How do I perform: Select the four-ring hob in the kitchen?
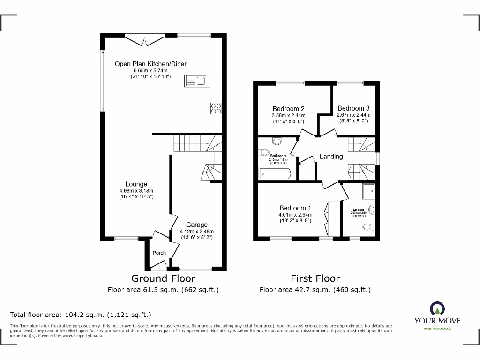coord(216,108)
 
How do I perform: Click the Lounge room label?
coord(136,184)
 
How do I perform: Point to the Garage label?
coord(196,225)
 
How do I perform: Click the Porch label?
coord(159,253)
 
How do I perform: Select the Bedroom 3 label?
coord(353,108)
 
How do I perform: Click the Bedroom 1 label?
coord(295,208)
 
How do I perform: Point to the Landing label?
coord(331,157)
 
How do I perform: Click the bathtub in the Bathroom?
coord(275,174)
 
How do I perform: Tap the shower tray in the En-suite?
coord(368,190)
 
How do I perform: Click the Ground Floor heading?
coord(163,278)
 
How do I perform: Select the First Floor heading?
coord(315,278)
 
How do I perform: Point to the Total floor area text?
coord(81,315)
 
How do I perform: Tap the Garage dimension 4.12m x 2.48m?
coord(196,231)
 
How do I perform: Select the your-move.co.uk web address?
coord(437,329)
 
